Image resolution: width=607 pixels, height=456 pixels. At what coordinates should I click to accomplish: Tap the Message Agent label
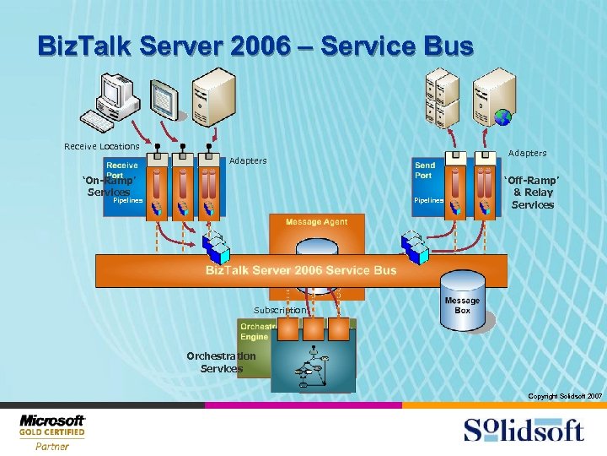point(316,222)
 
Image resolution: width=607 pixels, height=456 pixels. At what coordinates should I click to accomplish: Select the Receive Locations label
point(101,147)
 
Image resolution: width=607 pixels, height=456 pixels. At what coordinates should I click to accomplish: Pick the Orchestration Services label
point(221,361)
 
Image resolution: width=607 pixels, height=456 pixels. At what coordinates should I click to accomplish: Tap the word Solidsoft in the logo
point(524,429)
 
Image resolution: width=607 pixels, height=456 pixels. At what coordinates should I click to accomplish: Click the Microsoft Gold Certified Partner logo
point(52,432)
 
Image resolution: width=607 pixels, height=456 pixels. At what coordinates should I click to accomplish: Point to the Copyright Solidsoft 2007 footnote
point(564,396)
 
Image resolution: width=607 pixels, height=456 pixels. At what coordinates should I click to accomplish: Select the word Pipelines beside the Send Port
point(429,200)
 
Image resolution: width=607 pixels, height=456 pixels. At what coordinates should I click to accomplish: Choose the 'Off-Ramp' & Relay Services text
point(532,193)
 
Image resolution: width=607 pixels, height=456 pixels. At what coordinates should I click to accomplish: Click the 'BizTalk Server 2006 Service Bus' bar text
point(301,270)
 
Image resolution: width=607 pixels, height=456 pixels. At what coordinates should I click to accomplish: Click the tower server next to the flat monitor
point(212,98)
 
